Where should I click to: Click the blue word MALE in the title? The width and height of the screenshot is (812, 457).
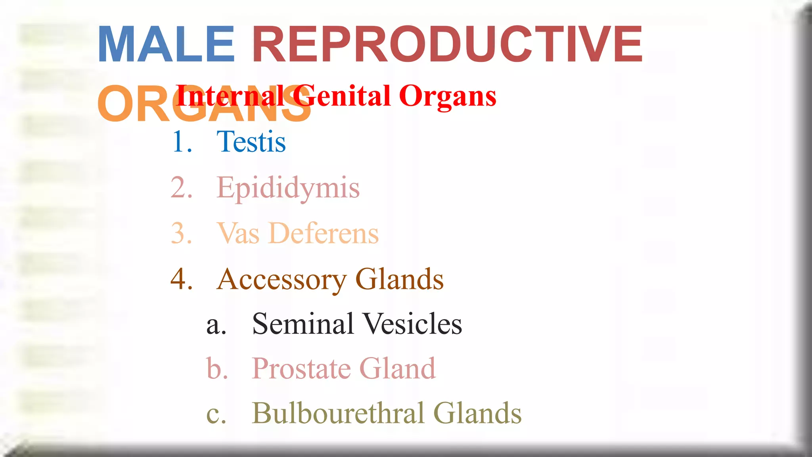pyautogui.click(x=166, y=44)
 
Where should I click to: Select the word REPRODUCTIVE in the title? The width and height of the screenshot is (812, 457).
pyautogui.click(x=447, y=44)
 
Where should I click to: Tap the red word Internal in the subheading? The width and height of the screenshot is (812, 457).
pyautogui.click(x=230, y=96)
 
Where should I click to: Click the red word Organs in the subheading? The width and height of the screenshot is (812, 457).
pyautogui.click(x=448, y=97)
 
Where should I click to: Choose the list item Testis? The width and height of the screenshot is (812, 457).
pyautogui.click(x=251, y=142)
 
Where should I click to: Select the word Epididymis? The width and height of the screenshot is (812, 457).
pyautogui.click(x=288, y=188)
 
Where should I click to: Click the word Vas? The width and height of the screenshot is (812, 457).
pyautogui.click(x=238, y=233)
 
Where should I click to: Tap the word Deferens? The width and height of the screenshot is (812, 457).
pyautogui.click(x=324, y=233)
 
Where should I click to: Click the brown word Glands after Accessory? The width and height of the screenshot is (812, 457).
pyautogui.click(x=399, y=279)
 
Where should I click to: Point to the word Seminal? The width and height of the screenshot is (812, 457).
pyautogui.click(x=303, y=324)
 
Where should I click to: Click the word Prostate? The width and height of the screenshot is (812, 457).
pyautogui.click(x=301, y=369)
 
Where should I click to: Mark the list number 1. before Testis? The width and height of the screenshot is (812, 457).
pyautogui.click(x=182, y=142)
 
